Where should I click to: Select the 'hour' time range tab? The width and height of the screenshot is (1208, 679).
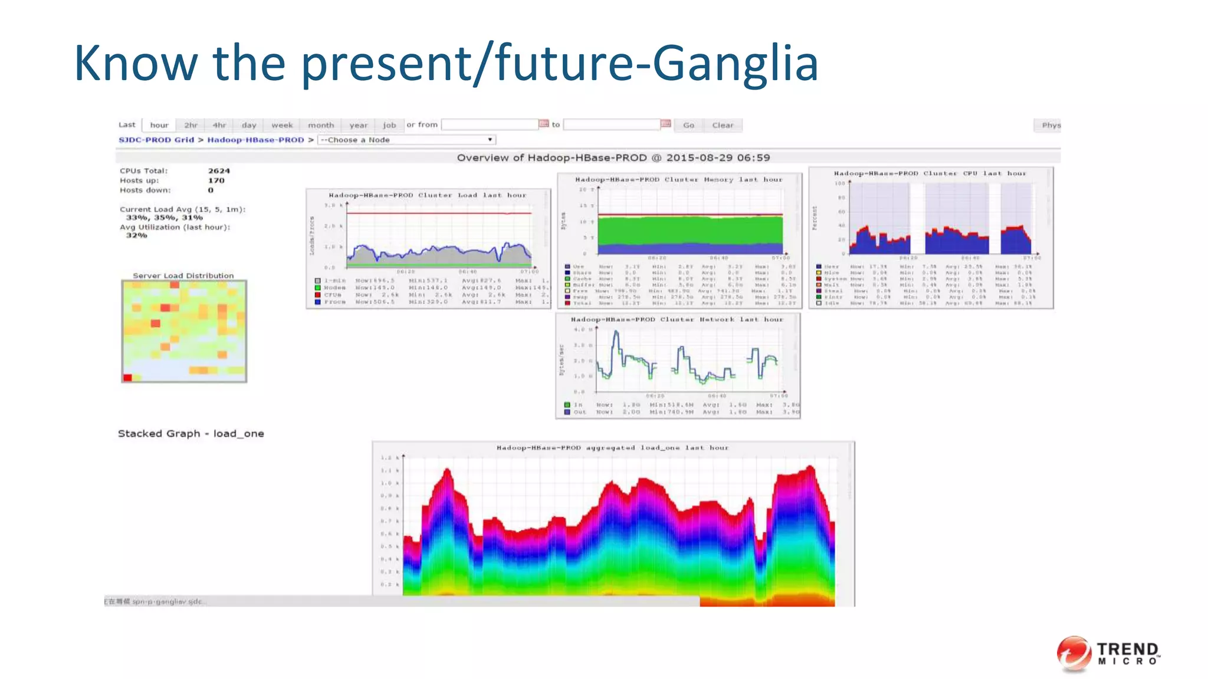[x=159, y=125]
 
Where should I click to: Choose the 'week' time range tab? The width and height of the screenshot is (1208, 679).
[x=282, y=125]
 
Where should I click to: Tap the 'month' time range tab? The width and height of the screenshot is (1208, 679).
[x=321, y=125]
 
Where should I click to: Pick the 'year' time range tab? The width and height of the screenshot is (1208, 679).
[x=358, y=125]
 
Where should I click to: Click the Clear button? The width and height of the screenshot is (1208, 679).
[x=723, y=125]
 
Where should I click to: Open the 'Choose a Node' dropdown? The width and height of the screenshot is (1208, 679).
[x=406, y=140]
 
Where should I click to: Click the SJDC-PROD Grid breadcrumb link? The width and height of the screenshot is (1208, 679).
[x=156, y=140]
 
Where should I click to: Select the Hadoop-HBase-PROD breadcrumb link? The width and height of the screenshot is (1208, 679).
[x=255, y=140]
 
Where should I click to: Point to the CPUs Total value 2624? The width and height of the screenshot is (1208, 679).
[x=219, y=171]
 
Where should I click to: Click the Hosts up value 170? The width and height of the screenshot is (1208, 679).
[x=216, y=180]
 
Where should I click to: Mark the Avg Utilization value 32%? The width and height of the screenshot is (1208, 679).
[x=136, y=235]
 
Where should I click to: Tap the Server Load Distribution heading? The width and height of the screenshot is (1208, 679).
[x=183, y=275]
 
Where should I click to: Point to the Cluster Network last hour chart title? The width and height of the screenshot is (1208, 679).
[x=677, y=319]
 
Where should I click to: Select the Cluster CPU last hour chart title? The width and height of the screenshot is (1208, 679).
[x=930, y=173]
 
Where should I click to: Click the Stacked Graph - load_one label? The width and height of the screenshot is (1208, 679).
[x=191, y=434]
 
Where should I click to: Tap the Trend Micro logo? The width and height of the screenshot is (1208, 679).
[x=1108, y=654]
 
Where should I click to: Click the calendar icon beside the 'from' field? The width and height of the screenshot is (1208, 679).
[x=544, y=124]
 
